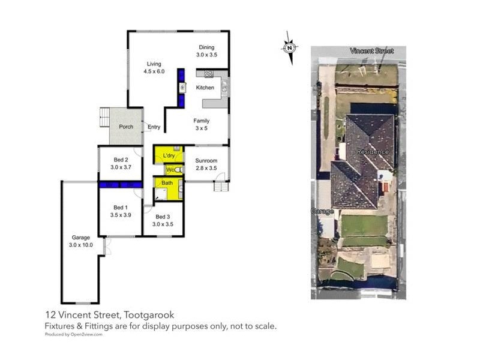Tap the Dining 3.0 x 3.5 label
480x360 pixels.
(x=206, y=51)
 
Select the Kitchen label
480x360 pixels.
(x=205, y=88)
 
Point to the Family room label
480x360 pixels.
(x=201, y=124)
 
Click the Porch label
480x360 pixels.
(x=126, y=127)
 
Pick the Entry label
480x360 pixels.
(x=154, y=127)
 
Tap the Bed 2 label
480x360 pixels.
(x=121, y=163)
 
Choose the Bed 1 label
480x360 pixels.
(x=121, y=211)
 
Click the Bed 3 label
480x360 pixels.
(x=163, y=220)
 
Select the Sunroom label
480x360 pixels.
(x=206, y=164)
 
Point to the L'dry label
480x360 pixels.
(x=169, y=155)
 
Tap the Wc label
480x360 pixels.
(x=170, y=170)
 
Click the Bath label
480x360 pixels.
(x=167, y=182)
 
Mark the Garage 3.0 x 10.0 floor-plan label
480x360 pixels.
(x=80, y=241)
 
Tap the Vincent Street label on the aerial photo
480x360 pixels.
(x=372, y=51)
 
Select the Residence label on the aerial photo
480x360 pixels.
(x=373, y=152)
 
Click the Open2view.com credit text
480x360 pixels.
(x=71, y=335)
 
